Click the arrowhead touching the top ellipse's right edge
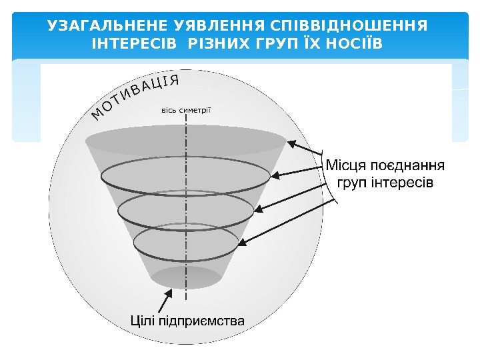pyautogui.click(x=291, y=142)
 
